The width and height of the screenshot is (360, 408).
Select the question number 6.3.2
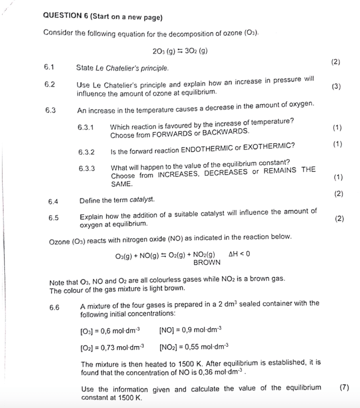tap(87, 152)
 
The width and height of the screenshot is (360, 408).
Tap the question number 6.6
tap(54, 307)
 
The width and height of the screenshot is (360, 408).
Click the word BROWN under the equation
tap(207, 262)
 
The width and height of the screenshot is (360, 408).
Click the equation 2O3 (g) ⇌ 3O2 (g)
tap(181, 51)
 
